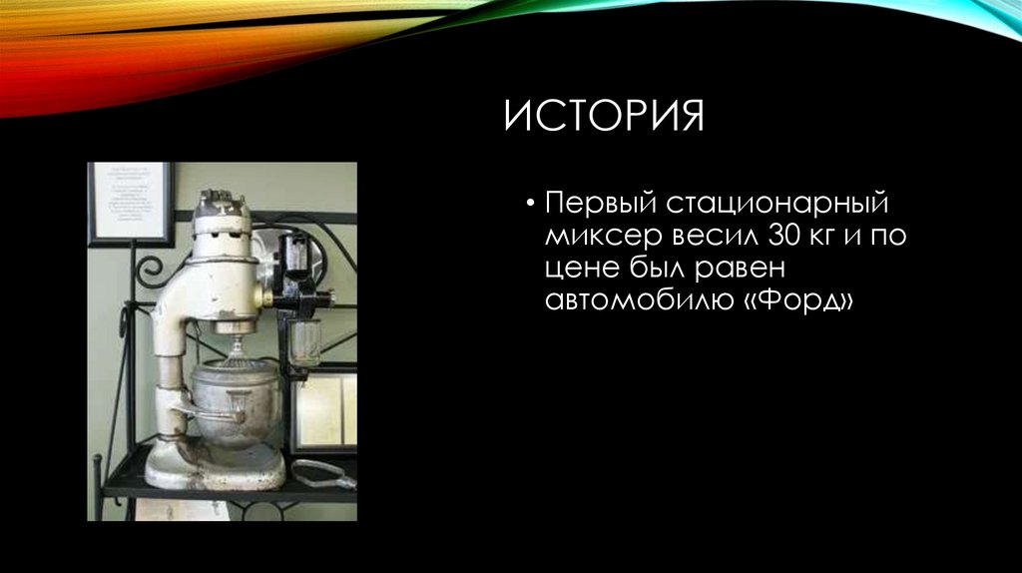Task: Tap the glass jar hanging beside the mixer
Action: click(305, 339)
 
